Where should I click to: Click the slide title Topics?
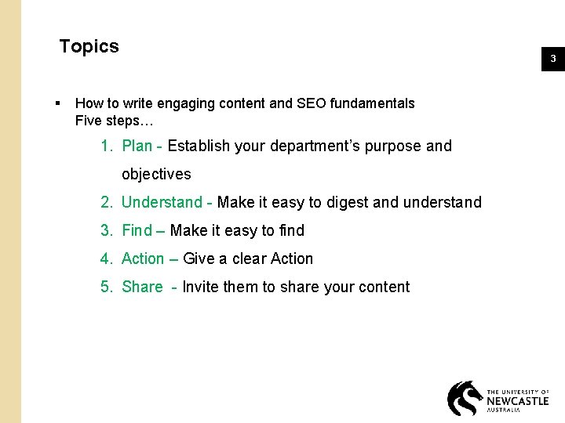[89, 46]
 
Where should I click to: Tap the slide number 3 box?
[552, 59]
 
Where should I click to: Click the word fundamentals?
[373, 103]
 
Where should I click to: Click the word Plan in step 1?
[137, 146]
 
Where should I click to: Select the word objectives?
[156, 174]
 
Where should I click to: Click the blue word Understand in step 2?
[162, 202]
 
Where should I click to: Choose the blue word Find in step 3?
[137, 230]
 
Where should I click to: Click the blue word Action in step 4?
[143, 258]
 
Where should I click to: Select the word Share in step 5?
[142, 287]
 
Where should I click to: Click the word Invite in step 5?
[200, 287]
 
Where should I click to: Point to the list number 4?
[106, 258]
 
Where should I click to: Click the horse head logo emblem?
[465, 398]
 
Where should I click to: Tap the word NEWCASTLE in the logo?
[517, 400]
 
